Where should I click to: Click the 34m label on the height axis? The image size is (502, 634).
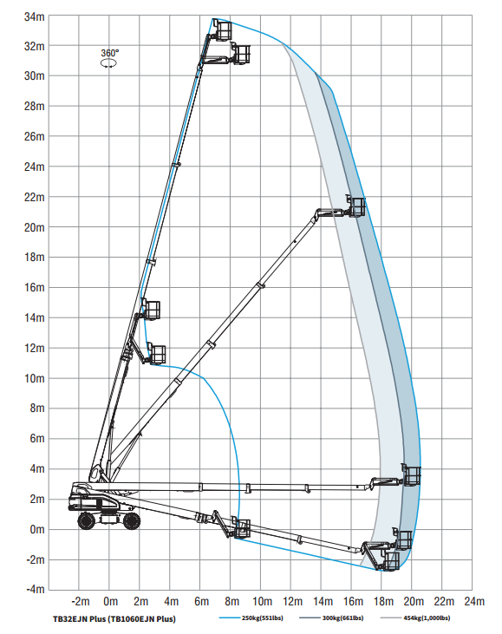[35, 17]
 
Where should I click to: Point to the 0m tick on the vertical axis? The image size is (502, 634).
[37, 529]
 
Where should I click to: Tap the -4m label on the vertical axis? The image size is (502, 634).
[36, 589]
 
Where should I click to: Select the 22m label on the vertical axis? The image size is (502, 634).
[35, 198]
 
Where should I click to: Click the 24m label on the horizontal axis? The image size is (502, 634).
[474, 602]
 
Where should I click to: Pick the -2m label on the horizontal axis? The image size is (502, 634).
[80, 602]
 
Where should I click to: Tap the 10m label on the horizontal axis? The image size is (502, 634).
[262, 602]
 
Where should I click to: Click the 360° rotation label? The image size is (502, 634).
[110, 53]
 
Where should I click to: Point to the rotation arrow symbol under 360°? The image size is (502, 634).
[108, 63]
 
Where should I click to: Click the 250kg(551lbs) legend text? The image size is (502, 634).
[263, 618]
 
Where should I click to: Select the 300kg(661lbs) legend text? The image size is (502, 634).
[342, 618]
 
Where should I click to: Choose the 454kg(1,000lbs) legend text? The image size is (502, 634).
[427, 618]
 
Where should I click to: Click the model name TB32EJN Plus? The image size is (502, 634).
[79, 619]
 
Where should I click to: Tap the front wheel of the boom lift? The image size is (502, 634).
[132, 520]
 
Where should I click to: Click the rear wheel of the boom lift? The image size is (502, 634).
[86, 520]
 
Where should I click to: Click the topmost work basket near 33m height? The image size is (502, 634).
[223, 30]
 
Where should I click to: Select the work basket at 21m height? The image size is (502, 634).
[356, 206]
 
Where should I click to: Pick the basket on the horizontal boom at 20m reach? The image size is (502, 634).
[412, 474]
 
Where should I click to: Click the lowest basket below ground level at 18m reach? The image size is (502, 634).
[390, 560]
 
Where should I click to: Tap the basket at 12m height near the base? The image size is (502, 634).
[156, 354]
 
